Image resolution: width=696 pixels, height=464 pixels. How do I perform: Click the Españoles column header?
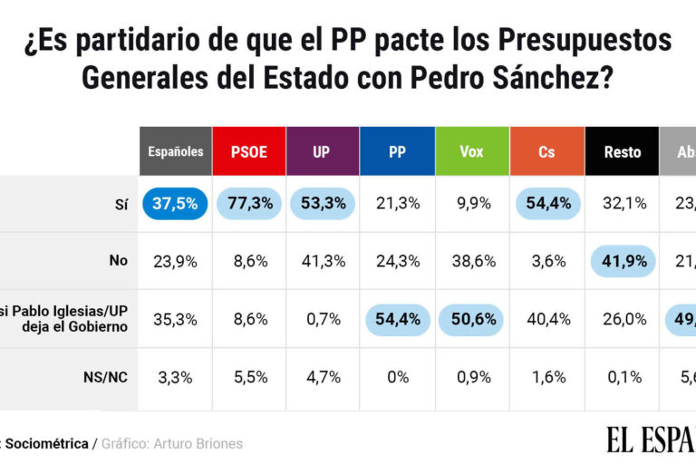point(176,151)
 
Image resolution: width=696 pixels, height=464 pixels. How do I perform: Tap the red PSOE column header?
point(249,151)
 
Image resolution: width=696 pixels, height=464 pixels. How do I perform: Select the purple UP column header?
point(322,151)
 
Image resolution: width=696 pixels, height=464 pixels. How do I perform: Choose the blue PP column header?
point(397,151)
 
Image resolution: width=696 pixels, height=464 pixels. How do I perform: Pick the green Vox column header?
point(471,151)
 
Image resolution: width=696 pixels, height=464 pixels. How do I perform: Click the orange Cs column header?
point(546,151)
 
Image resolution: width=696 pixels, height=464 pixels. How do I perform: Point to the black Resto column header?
point(622,151)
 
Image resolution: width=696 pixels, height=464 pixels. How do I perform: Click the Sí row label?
point(121,204)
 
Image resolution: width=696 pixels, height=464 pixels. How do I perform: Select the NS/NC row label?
point(107,378)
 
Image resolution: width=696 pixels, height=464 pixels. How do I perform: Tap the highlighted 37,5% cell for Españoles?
point(176,204)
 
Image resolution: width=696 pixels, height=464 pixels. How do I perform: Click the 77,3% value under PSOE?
point(249,204)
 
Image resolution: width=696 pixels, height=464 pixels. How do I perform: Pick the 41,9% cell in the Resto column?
point(622,261)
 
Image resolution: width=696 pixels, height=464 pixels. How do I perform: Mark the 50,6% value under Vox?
point(471,319)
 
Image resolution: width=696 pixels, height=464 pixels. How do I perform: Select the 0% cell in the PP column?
point(397,378)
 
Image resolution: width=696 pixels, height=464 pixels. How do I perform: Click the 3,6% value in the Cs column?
point(546,261)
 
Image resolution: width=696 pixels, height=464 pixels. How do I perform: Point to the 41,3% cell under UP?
point(322,261)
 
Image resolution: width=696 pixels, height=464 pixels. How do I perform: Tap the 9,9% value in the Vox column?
point(471,204)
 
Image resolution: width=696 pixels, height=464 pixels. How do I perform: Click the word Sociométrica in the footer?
point(49,444)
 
